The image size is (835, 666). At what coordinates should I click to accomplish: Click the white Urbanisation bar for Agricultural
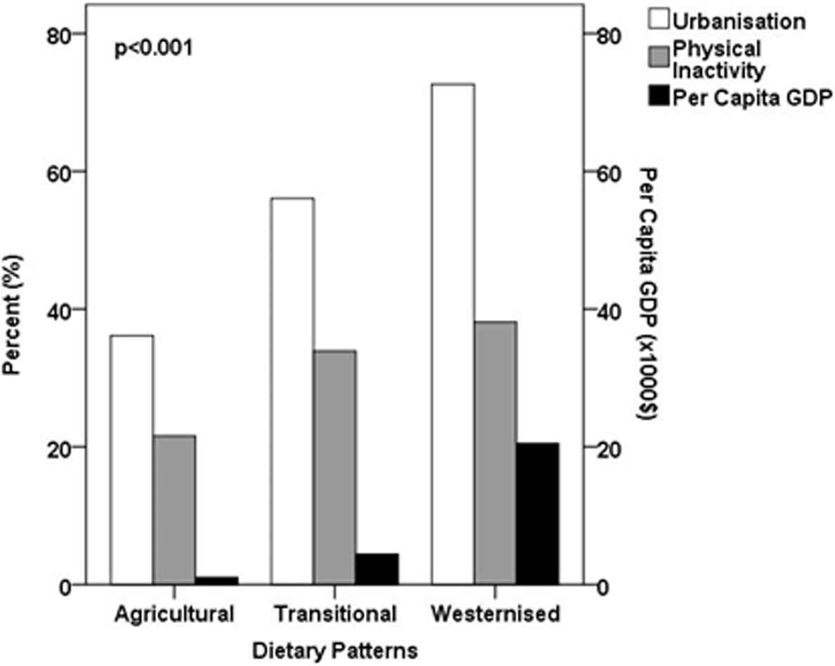[x=132, y=460]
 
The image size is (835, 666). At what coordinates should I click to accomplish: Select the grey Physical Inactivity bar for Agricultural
[x=174, y=510]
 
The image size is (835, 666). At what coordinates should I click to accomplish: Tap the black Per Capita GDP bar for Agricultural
[x=216, y=580]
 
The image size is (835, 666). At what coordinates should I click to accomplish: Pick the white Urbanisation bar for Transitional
[x=292, y=391]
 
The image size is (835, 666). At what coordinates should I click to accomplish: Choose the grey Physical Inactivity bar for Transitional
[x=335, y=467]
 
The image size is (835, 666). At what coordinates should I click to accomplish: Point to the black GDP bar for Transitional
[x=377, y=569]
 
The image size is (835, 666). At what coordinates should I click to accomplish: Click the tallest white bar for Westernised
[x=453, y=334]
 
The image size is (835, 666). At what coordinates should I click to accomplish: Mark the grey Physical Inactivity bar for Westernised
[x=495, y=453]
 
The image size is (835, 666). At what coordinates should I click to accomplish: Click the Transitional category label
[x=334, y=613]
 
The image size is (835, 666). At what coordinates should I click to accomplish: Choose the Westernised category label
[x=495, y=613]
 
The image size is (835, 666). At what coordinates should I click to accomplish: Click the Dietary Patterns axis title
[x=334, y=649]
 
